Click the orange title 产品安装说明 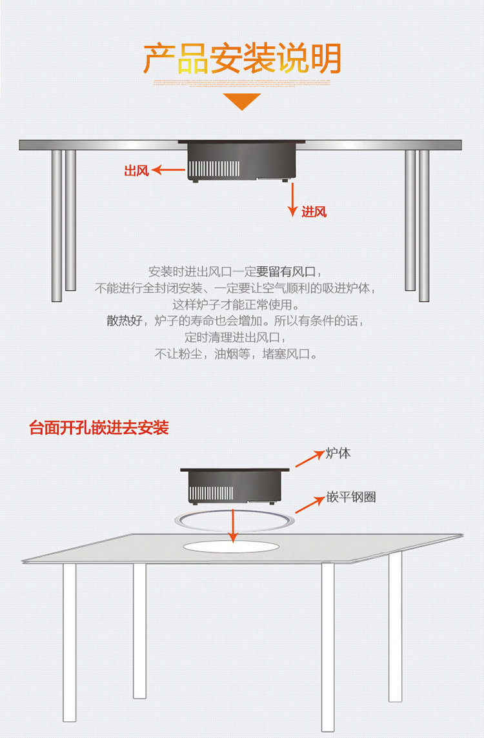pyautogui.click(x=241, y=59)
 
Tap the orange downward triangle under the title pyautogui.click(x=241, y=101)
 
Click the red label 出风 pyautogui.click(x=136, y=171)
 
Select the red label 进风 pyautogui.click(x=314, y=211)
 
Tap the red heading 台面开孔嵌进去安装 pyautogui.click(x=99, y=428)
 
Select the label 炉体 pyautogui.click(x=338, y=453)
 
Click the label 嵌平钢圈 pyautogui.click(x=351, y=497)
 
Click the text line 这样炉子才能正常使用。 pyautogui.click(x=236, y=304)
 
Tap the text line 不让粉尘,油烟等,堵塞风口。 pyautogui.click(x=236, y=354)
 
